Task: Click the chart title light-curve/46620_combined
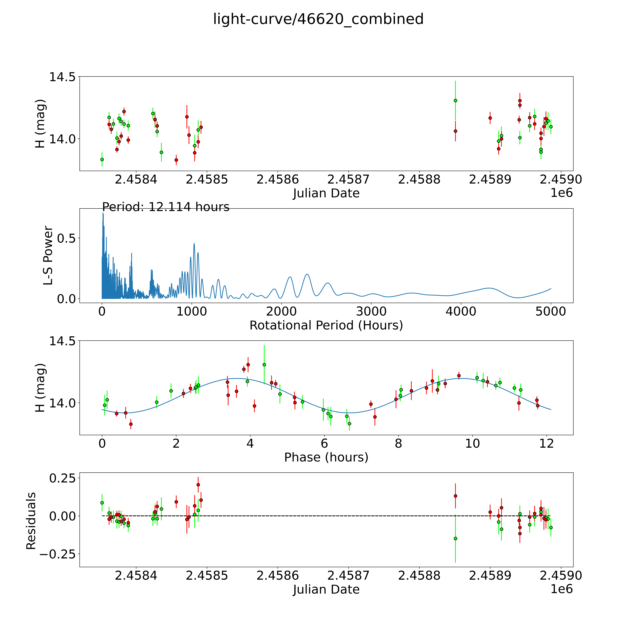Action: click(318, 19)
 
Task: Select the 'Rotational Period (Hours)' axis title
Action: click(326, 325)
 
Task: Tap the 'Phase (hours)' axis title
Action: click(326, 457)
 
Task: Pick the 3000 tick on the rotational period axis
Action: click(371, 311)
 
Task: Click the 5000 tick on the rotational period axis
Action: click(551, 311)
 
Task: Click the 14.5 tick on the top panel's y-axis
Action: click(64, 77)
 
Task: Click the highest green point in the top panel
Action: click(455, 101)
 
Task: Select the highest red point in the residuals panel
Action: click(198, 485)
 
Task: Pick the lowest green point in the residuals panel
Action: click(455, 538)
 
